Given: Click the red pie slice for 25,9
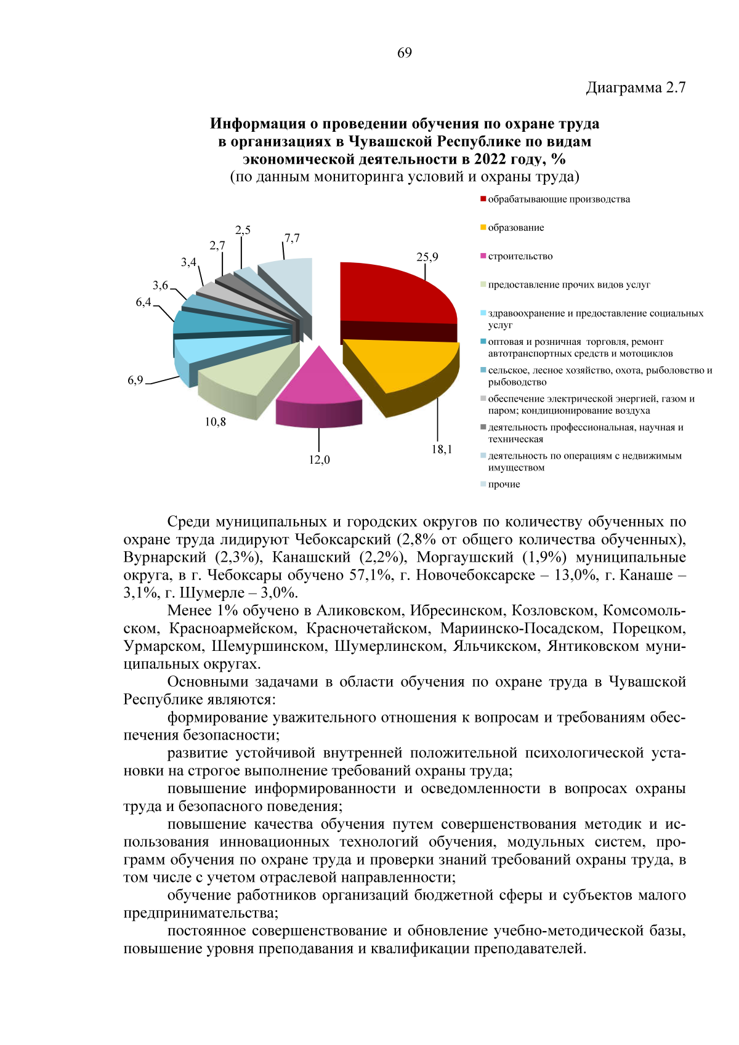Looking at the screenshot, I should coord(394,293).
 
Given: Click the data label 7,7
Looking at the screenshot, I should coord(292,238).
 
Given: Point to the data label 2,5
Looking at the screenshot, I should coord(243,230).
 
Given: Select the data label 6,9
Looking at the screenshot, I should coord(135,380).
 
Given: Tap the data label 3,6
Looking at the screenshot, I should coord(160,285).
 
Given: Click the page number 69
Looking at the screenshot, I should coord(405,53).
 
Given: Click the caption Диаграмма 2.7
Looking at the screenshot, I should coord(636,87).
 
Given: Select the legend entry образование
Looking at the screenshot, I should coord(515,228).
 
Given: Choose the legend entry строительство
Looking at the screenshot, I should coord(520,256).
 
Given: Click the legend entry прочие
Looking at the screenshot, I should coord(504,485).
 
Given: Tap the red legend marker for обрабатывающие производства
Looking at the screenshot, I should coord(483,200).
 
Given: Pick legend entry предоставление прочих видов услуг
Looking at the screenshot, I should coord(568,285).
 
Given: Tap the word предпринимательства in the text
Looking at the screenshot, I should coord(200,913).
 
